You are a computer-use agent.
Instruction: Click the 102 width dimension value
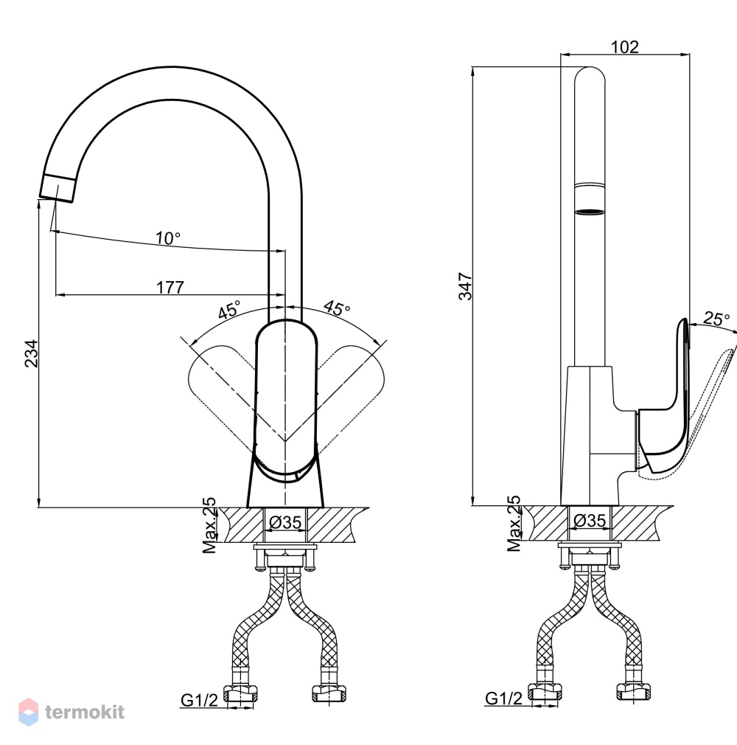(624, 46)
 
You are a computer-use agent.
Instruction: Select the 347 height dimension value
(465, 286)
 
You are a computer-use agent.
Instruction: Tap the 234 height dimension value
(32, 353)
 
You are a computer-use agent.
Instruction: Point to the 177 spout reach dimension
(170, 287)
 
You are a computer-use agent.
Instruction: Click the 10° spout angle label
(168, 238)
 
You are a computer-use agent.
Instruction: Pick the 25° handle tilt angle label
(716, 319)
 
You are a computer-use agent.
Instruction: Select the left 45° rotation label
(230, 309)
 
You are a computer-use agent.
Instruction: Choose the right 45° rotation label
(337, 308)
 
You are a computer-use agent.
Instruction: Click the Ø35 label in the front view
(285, 522)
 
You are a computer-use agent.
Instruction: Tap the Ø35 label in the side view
(590, 520)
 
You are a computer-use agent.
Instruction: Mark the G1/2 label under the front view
(199, 699)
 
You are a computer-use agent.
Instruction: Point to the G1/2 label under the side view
(503, 698)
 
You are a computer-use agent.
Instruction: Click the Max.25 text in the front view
(209, 525)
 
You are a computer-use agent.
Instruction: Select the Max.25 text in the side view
(514, 523)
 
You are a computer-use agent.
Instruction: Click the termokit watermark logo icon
(29, 713)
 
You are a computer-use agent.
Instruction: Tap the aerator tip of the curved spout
(57, 189)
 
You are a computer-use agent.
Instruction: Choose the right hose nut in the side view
(634, 691)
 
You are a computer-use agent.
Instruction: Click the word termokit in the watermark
(85, 713)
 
